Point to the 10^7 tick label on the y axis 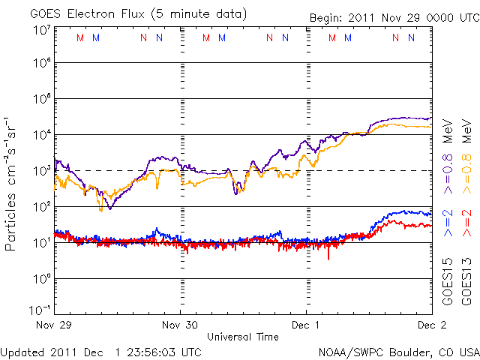coord(41,28)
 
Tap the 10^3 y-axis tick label coord(41,170)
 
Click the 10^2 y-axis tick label coord(41,206)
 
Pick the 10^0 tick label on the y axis coord(41,278)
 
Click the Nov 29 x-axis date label coord(54,325)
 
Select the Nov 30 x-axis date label coord(180,325)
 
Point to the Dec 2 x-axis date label coord(430,325)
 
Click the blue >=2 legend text coord(448,223)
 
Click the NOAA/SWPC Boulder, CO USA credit coord(398,351)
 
